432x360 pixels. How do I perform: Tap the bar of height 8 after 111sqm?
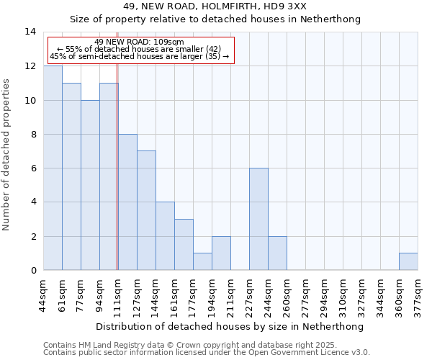[x=127, y=202]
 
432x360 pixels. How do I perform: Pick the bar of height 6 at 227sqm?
[x=258, y=219]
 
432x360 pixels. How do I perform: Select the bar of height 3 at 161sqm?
[x=184, y=245]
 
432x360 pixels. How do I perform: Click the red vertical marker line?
[x=117, y=166]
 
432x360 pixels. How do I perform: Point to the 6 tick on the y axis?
[x=32, y=168]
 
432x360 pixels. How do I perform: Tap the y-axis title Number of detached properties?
[x=7, y=155]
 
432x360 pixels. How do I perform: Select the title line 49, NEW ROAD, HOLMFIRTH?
[x=215, y=6]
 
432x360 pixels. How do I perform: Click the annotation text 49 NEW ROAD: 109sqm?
[x=139, y=42]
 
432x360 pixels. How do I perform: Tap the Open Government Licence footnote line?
[x=206, y=353]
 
